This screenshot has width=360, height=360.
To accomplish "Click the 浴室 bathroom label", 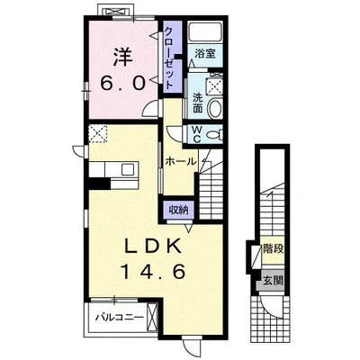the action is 205,54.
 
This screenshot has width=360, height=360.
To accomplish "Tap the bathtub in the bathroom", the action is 205,31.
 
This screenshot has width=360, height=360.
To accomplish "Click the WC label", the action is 196,134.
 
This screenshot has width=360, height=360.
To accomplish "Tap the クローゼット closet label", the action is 169,58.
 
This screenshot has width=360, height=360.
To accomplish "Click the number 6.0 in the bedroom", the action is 123,83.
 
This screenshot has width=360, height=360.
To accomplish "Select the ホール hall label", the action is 181,162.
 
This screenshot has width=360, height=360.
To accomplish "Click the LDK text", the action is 153,247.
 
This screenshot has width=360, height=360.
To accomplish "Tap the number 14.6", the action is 152,272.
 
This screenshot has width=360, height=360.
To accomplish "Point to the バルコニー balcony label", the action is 119,317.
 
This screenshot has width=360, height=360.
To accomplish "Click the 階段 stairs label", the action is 274,248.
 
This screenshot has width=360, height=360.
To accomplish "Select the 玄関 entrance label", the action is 274,281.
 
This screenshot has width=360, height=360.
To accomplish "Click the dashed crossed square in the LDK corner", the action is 98,133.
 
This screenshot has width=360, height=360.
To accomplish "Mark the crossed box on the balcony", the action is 152,317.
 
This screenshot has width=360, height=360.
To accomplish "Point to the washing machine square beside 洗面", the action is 215,86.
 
